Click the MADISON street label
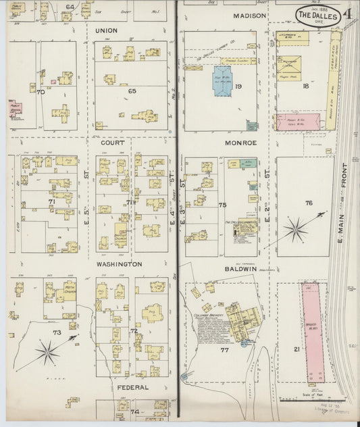click(x=247, y=15)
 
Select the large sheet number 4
click(x=346, y=14)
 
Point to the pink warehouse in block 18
click(x=297, y=122)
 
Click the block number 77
click(x=222, y=349)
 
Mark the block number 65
click(x=132, y=90)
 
